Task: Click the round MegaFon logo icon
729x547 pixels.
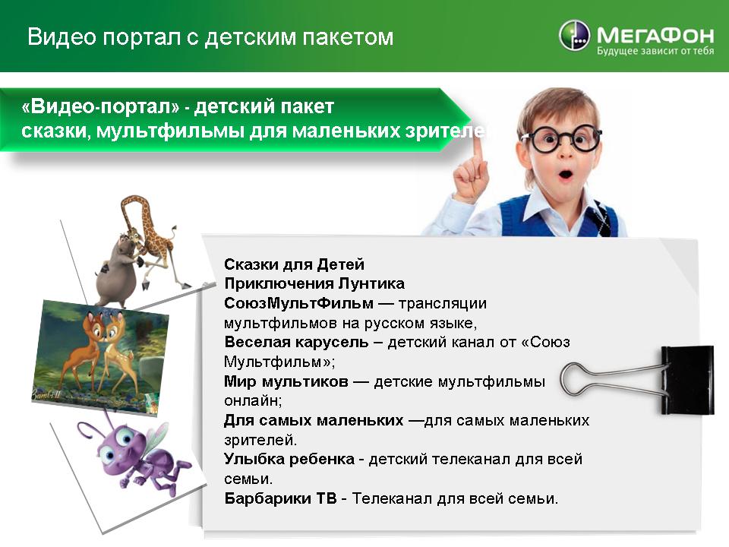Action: (574, 35)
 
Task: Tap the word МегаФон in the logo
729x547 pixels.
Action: (655, 35)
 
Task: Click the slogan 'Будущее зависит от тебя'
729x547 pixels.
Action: (655, 51)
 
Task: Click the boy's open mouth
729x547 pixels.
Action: (565, 175)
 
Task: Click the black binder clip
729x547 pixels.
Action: (686, 380)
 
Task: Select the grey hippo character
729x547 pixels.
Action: (119, 269)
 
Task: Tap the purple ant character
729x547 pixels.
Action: (136, 454)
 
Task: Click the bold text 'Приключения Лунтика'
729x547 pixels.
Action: (314, 283)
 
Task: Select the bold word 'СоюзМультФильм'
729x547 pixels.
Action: (298, 303)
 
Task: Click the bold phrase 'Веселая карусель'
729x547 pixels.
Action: (296, 342)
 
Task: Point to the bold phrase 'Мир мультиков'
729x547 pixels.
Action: (286, 381)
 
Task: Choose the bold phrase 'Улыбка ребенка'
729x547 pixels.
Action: (289, 459)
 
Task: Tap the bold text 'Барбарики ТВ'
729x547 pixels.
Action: (280, 498)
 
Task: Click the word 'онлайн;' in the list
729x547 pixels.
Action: (253, 400)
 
